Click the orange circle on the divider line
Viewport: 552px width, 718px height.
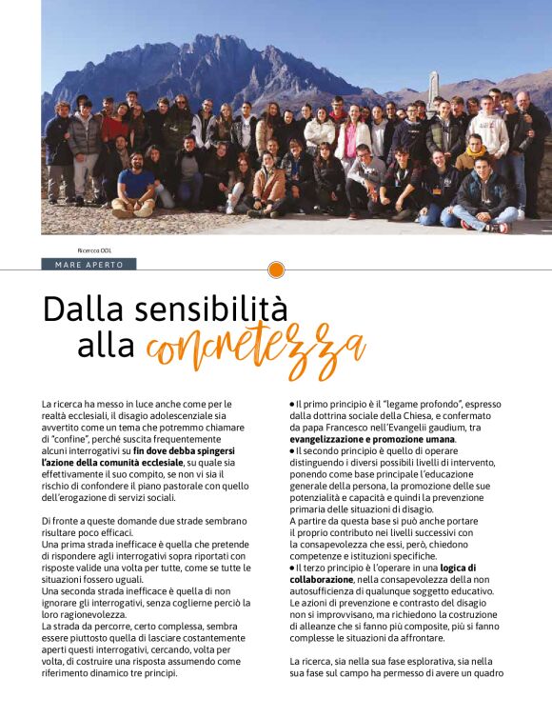point(276,270)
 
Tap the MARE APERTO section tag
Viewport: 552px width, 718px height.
point(89,264)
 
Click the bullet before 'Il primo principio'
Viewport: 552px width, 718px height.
point(292,406)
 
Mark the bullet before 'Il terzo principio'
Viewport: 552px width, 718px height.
point(292,568)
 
